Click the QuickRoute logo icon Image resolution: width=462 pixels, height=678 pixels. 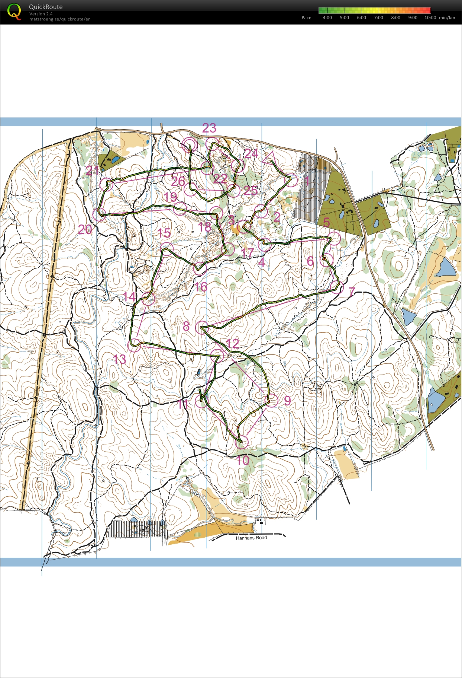point(14,12)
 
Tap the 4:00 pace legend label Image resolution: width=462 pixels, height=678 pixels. point(327,17)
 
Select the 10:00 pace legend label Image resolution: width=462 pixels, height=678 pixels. point(430,17)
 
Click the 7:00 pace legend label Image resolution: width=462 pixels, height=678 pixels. point(378,17)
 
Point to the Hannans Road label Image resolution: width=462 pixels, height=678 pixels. point(251,538)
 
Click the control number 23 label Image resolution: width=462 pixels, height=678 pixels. point(209,128)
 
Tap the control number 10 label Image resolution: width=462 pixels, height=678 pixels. point(243,461)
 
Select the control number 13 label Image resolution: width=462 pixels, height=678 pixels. point(120,359)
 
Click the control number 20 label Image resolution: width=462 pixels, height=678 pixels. point(85,229)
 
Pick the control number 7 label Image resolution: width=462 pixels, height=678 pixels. point(352,292)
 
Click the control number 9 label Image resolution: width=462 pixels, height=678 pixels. point(287,401)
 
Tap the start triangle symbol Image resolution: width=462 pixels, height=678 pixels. point(269,157)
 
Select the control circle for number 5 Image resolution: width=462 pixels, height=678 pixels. point(335,238)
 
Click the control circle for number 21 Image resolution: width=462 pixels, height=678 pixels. point(107,184)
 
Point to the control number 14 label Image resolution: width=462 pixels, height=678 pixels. point(130,297)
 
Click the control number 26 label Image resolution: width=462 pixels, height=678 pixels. point(178,181)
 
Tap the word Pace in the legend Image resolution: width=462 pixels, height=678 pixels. point(306,17)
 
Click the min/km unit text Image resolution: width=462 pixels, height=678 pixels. point(447,17)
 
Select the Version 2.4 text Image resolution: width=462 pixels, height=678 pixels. point(41,14)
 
